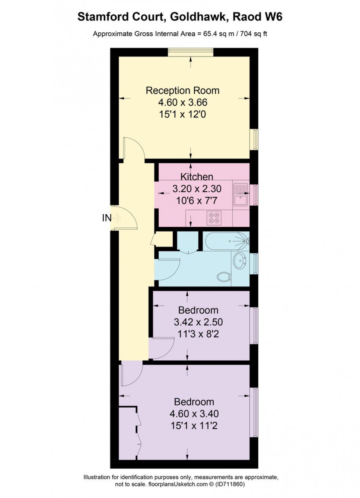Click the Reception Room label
[183, 91]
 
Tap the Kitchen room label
[197, 177]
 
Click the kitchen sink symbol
[241, 194]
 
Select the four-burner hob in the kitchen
[214, 217]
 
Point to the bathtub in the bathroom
[226, 241]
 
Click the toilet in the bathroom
[223, 277]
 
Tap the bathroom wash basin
[240, 261]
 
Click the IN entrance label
[107, 218]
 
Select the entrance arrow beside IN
[117, 219]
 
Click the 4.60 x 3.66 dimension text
[183, 102]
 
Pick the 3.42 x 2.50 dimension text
[198, 322]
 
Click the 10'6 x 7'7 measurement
[197, 201]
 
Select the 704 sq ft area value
[253, 34]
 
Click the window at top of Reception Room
[190, 53]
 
